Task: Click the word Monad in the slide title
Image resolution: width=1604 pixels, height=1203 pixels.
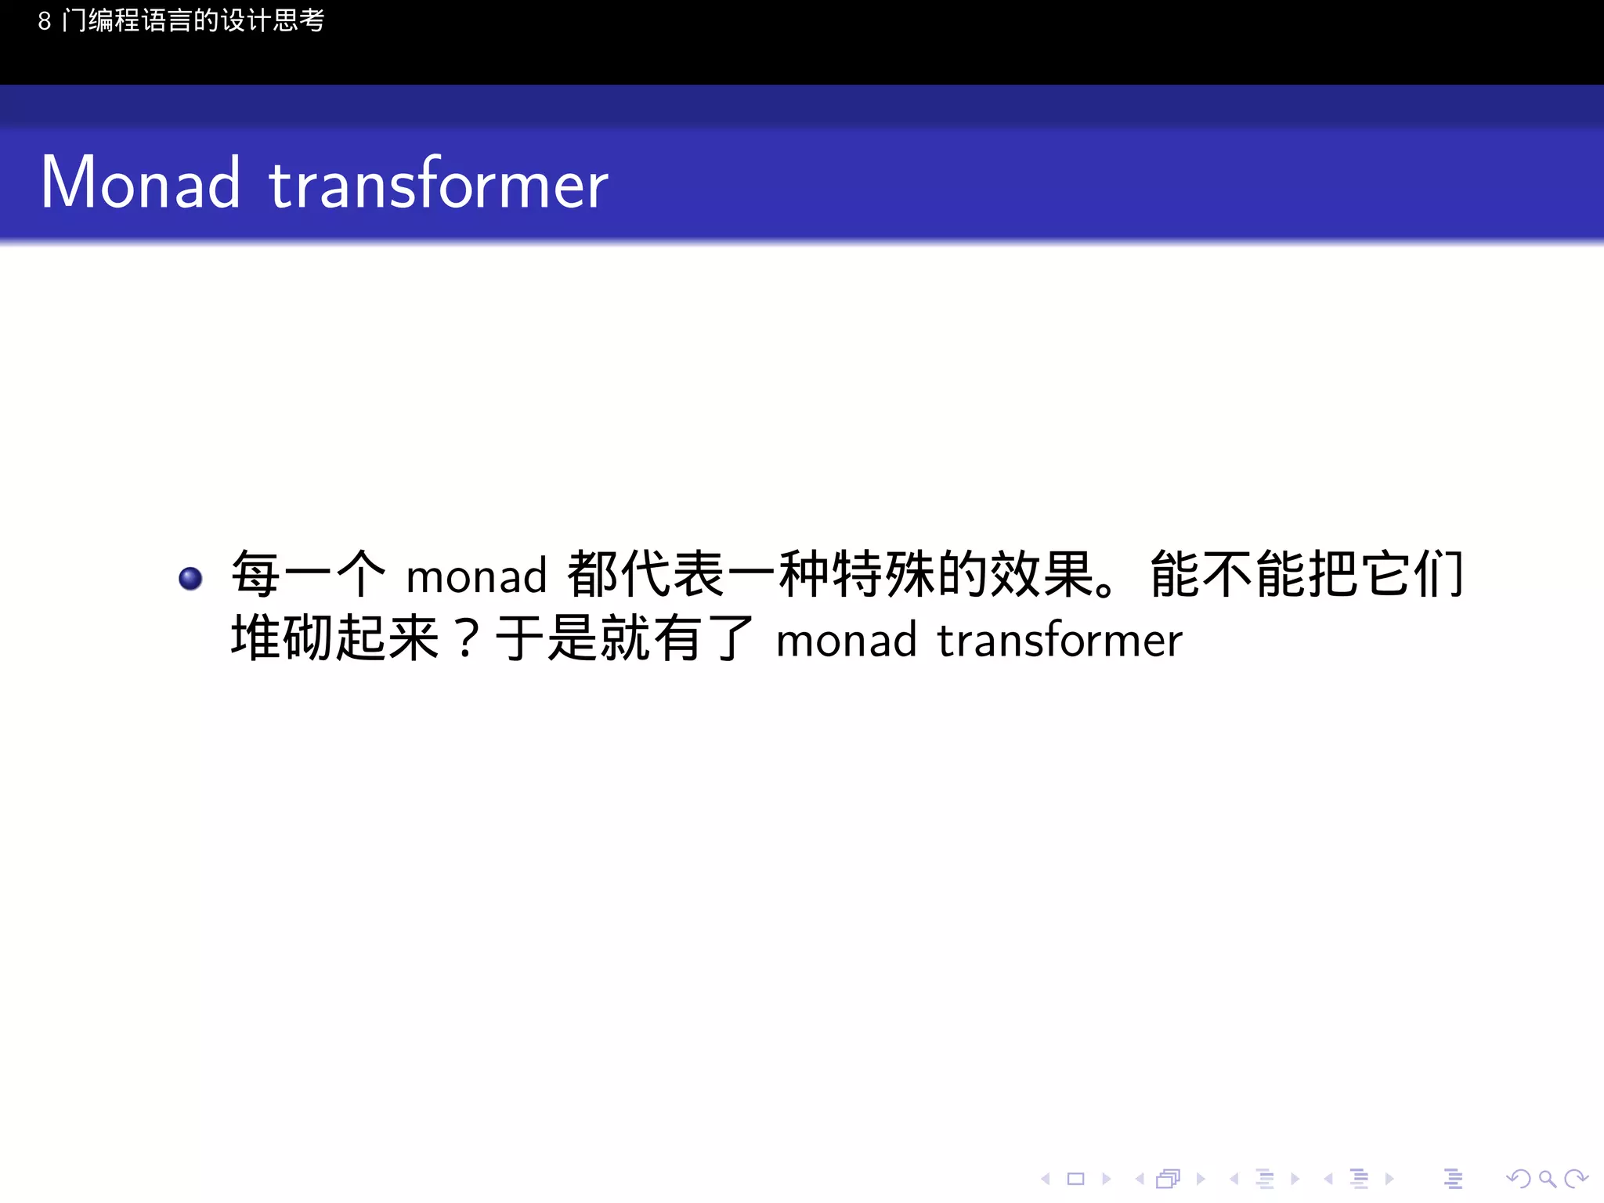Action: point(140,183)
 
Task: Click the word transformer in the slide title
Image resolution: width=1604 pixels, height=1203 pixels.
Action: point(439,183)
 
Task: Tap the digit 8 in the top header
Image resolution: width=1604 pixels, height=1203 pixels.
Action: point(45,21)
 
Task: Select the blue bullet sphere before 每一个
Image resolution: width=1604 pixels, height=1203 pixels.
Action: point(190,578)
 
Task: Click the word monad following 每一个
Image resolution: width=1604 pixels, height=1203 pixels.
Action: point(476,576)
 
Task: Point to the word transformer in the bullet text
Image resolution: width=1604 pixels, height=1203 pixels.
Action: point(1060,641)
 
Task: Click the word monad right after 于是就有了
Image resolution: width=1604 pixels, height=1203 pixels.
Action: point(846,641)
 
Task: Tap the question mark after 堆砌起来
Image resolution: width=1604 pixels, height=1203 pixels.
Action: point(467,639)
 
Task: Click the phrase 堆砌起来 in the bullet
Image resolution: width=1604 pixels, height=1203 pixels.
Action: point(334,638)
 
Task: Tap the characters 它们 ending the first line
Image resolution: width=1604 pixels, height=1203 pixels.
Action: point(1413,574)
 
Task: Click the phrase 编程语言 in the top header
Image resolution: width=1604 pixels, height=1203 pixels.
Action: point(140,21)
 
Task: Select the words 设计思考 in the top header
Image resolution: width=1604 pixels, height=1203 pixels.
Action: point(273,21)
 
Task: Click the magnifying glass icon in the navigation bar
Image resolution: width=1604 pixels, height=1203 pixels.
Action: point(1547,1179)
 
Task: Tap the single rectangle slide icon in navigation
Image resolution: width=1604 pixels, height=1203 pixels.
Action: point(1076,1179)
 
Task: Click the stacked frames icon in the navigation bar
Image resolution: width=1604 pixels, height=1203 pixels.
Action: point(1169,1179)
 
